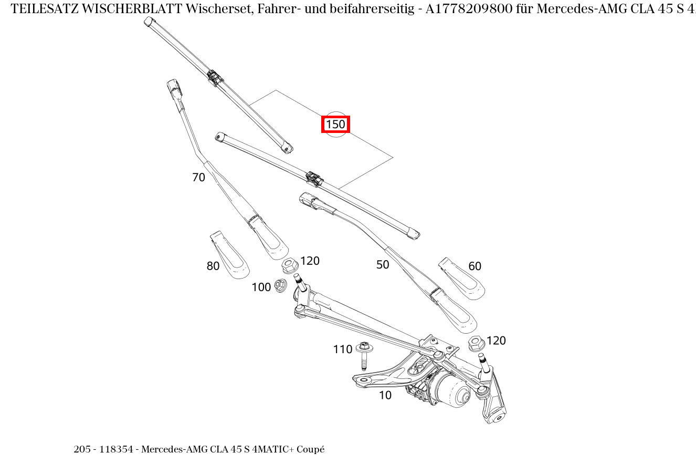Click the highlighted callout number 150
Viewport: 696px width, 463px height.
[x=335, y=125]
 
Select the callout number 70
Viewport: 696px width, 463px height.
[x=198, y=178]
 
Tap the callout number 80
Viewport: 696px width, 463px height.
[x=213, y=266]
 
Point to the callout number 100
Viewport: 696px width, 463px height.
[x=261, y=287]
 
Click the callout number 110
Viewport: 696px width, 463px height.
[x=342, y=349]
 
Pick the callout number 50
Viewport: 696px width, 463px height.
[x=383, y=265]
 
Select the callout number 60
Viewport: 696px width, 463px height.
[x=474, y=266]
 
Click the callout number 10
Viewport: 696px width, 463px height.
[x=385, y=396]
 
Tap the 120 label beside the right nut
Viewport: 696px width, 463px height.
[x=496, y=341]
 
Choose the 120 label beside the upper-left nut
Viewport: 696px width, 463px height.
[x=310, y=261]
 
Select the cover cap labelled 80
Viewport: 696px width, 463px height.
[x=229, y=255]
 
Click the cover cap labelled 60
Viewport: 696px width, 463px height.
[x=461, y=279]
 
